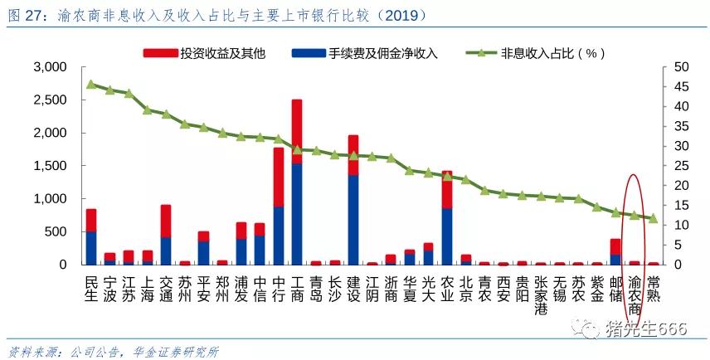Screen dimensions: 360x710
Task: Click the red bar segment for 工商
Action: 296,131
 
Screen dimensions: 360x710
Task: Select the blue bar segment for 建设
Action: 353,220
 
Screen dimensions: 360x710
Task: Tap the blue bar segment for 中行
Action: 279,236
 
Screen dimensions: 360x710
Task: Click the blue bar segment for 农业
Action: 447,236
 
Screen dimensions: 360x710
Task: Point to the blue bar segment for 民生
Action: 91,248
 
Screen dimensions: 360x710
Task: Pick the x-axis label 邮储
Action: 615,286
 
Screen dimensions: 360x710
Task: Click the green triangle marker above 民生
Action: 91,84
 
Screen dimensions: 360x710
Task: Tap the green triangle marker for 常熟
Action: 653,218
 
